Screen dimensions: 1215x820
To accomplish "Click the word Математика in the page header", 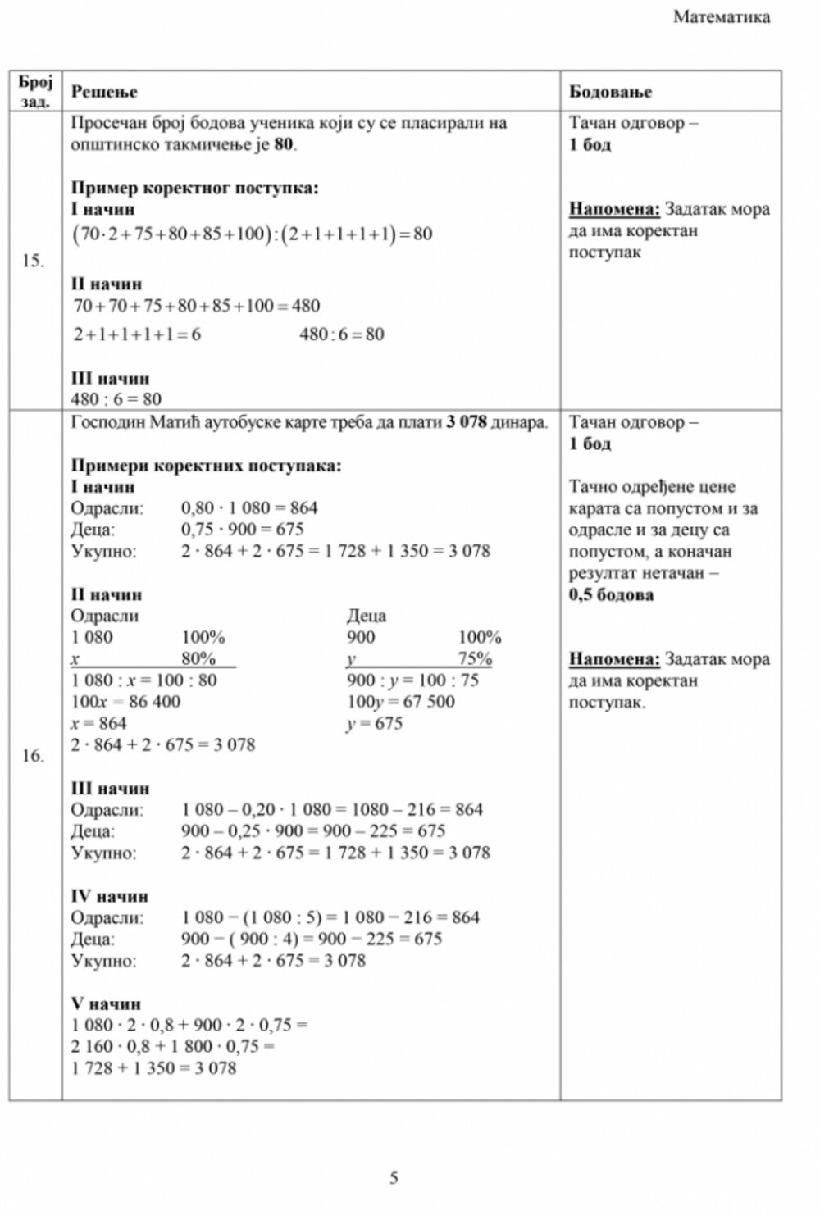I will coord(722,17).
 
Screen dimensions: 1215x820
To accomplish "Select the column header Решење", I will coord(104,92).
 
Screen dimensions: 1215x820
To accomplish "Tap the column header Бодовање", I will coord(610,92).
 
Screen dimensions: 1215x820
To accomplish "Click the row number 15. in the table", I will coord(33,262).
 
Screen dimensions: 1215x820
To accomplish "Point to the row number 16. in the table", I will coord(33,756).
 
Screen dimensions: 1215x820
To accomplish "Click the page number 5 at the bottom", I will coord(394,1178).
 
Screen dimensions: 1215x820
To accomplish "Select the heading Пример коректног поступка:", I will coord(194,188).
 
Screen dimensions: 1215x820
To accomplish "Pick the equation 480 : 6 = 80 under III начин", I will coord(116,399).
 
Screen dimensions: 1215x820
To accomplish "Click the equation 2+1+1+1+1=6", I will coord(137,334).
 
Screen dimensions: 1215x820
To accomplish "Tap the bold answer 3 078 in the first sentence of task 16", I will coord(467,423).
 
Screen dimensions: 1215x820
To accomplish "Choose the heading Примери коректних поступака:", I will coord(206,466).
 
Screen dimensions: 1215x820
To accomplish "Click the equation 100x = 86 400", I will coord(125,702).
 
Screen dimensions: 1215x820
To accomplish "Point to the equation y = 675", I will coord(375,723).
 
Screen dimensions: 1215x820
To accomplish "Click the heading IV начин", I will coord(110,896).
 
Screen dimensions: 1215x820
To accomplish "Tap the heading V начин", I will coord(106,1003).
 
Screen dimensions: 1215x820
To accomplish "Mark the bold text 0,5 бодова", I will coord(611,594).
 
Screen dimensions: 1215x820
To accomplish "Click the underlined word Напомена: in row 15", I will coord(614,209).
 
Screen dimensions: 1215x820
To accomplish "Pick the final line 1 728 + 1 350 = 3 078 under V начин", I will coord(153,1068).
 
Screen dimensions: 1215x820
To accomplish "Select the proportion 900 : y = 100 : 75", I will coord(412,680).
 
